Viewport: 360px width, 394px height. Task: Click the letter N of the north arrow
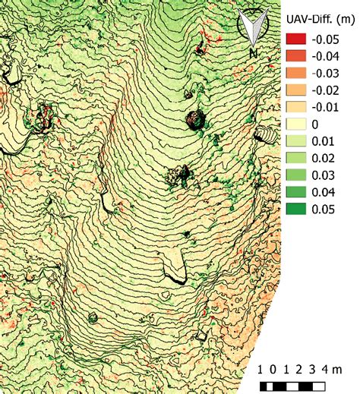(x=253, y=53)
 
